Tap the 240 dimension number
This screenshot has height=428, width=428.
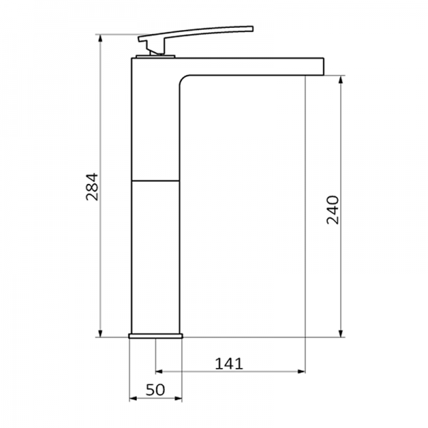(x=332, y=209)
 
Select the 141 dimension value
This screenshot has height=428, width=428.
(x=230, y=363)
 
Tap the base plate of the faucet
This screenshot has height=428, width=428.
(x=156, y=334)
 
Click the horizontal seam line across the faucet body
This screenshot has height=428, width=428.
(x=156, y=179)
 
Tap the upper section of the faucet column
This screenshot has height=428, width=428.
(x=156, y=121)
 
